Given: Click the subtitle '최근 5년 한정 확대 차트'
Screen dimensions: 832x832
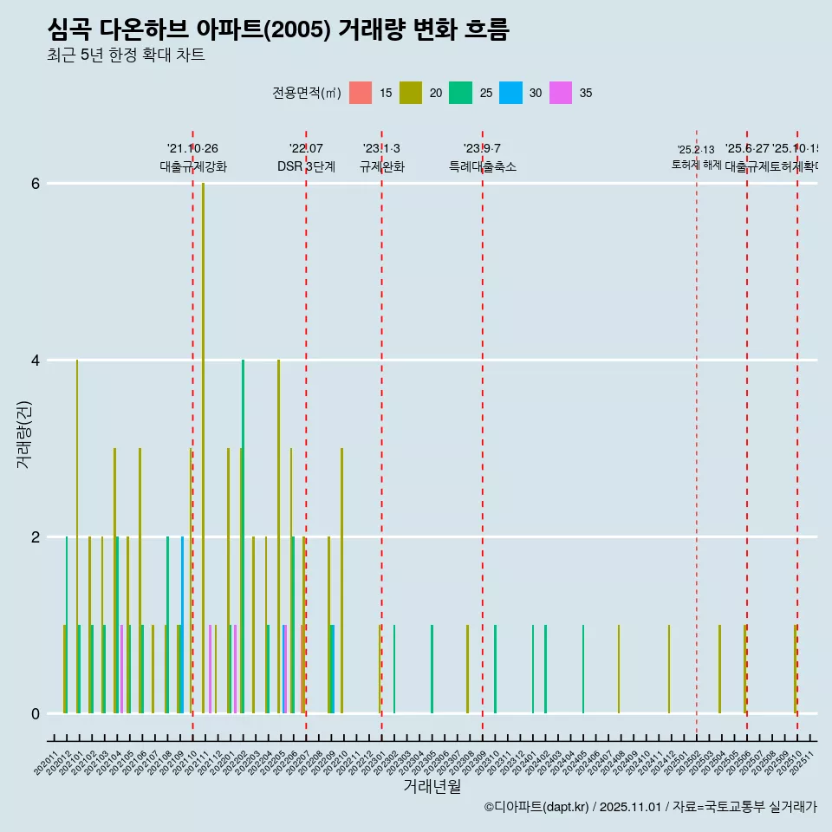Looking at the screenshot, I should point(126,55).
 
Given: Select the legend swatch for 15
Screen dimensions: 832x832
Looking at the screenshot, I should point(361,93).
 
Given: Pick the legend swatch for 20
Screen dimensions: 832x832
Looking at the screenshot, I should point(411,93).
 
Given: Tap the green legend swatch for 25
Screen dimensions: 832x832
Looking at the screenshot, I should point(460,93).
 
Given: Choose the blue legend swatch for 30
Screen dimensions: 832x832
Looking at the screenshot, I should point(510,93).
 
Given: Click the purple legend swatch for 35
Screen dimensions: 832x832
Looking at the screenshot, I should point(561,93).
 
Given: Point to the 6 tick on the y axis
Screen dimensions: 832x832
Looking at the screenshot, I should point(35,184).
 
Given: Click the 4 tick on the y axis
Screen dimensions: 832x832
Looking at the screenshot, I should point(35,361).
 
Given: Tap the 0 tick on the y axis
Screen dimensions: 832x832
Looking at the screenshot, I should point(35,714).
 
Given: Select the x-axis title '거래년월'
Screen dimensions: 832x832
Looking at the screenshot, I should point(432,786).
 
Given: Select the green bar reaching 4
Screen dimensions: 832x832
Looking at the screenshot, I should point(243,537).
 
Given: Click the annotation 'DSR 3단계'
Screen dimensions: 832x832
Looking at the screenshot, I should point(306,166).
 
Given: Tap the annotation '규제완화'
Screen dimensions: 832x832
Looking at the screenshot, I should point(381,166).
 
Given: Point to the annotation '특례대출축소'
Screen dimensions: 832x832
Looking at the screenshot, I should point(482,166).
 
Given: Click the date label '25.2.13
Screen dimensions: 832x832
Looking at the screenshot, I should point(696,150).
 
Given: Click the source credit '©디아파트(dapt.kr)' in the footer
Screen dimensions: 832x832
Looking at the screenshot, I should point(537,807).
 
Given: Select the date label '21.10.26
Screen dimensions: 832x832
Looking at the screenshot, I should point(192,148).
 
